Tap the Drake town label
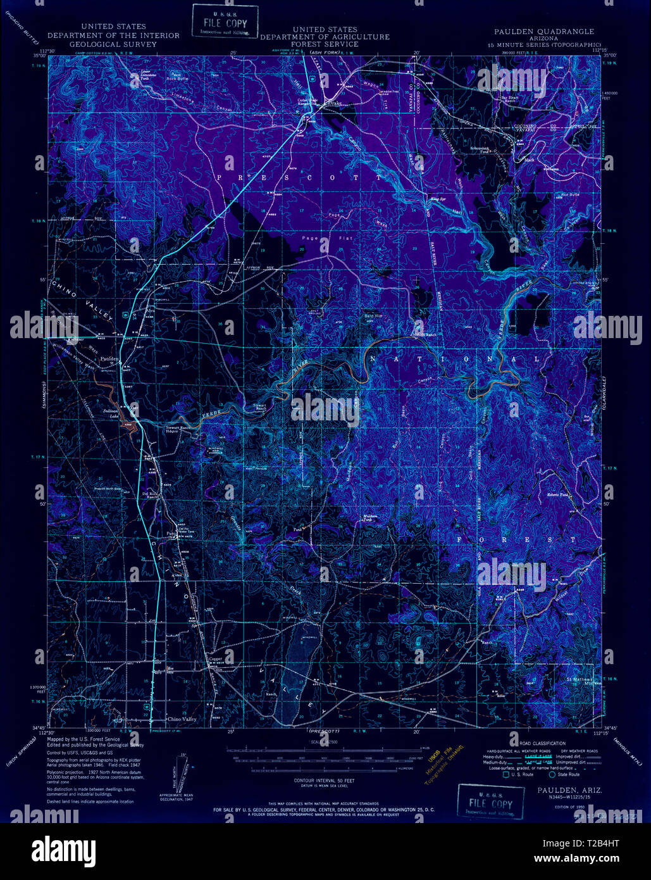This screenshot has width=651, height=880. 333,103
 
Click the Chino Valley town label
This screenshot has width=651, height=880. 182,719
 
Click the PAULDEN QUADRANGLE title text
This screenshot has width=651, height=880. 544,31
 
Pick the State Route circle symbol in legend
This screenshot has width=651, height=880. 552,774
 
